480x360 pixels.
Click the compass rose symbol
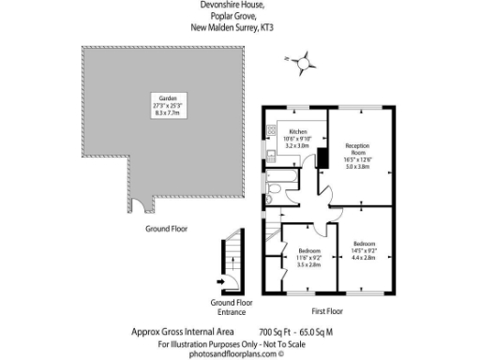(x=303, y=63)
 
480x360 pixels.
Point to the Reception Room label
(x=358, y=153)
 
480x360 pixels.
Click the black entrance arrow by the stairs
(x=221, y=279)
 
